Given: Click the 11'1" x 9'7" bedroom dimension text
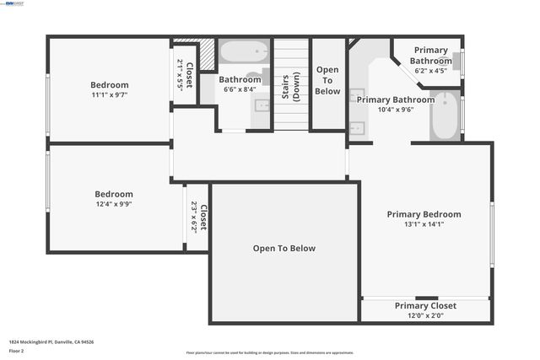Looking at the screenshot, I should coord(110,95).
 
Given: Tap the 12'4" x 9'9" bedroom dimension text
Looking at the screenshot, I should coord(113,204).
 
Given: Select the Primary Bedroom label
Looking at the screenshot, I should coord(424,214).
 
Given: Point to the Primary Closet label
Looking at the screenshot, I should coord(425,306).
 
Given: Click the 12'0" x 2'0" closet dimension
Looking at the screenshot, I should coord(425,315).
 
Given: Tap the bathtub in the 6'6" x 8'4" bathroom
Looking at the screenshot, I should coord(244,52).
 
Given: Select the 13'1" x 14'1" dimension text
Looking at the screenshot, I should coord(424,224).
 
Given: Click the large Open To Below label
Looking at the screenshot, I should coord(284,249).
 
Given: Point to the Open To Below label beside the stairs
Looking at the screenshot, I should coord(327,80).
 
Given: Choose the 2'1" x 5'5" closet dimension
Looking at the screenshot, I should coord(180,75).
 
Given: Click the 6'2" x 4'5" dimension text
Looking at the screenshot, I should coord(429,71).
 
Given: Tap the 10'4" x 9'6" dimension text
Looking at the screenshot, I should coord(395,109).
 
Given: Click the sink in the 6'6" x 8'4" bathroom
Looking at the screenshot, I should coord(262,106).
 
